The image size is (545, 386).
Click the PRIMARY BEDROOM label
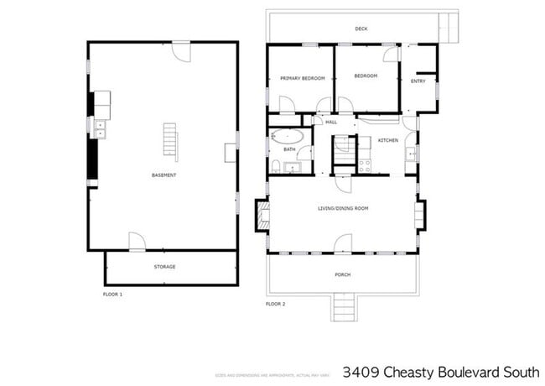click(302, 78)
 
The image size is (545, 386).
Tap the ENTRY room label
click(418, 81)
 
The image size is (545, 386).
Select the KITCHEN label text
click(387, 140)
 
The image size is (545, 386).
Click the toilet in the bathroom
click(276, 164)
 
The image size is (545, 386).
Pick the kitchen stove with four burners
click(365, 165)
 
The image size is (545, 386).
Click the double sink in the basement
click(100, 128)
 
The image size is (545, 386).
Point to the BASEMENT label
click(163, 175)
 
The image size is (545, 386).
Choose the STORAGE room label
click(164, 267)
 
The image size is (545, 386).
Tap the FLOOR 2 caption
click(276, 303)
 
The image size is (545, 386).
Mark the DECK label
click(361, 29)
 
